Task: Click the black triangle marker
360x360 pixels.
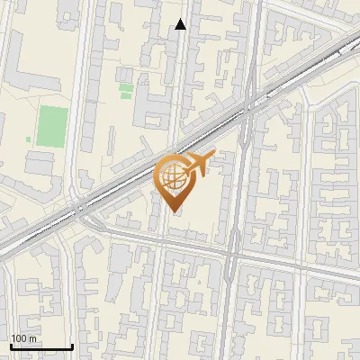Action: (x=181, y=24)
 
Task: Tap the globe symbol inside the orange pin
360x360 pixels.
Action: (x=172, y=176)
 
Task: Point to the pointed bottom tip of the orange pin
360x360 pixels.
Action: (x=173, y=211)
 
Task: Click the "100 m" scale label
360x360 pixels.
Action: (x=24, y=337)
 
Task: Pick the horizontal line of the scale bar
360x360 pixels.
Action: (x=41, y=346)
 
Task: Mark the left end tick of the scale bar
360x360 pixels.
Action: (x=11, y=346)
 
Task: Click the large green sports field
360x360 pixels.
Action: (x=52, y=125)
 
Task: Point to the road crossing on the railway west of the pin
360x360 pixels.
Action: (x=82, y=208)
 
